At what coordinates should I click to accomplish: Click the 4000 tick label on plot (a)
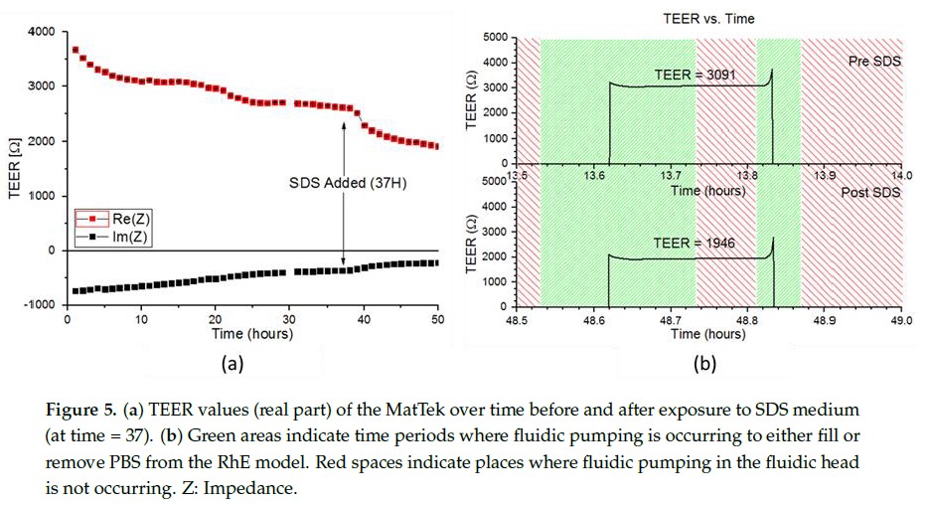[41, 32]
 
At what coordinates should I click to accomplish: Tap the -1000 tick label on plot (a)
[39, 305]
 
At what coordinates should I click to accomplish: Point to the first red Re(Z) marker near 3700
[75, 49]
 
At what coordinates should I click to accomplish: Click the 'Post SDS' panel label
[869, 192]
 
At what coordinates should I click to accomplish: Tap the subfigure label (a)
[231, 364]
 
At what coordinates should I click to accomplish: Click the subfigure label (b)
[703, 364]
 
